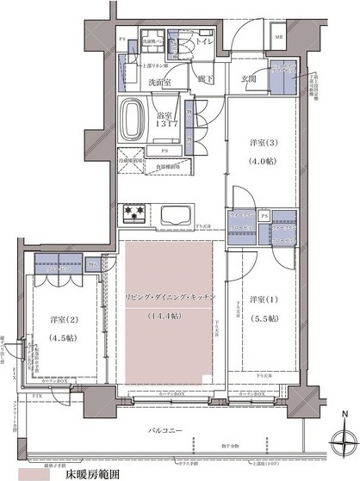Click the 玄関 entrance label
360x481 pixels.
[250, 79]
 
